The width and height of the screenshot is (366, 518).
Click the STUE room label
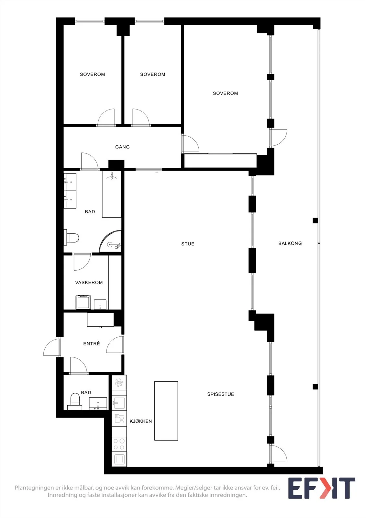point(188,244)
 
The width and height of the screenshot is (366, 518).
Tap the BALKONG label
point(290,243)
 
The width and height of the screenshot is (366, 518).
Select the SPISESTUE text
point(221,394)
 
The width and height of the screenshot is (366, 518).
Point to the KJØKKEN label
point(140,421)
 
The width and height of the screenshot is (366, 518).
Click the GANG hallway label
point(122,147)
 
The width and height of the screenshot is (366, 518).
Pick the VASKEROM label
point(89,282)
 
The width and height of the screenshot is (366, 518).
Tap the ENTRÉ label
point(92,343)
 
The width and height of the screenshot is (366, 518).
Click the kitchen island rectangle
point(166,411)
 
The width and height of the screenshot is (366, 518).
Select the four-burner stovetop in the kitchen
point(119,444)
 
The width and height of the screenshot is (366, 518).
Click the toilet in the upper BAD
point(72,238)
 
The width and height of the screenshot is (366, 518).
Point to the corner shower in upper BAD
point(111,242)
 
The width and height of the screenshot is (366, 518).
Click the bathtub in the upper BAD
point(112,194)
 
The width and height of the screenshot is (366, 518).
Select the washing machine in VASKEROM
point(83,302)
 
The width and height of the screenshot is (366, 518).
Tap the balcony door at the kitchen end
point(278,453)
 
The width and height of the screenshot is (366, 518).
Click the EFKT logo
point(322,488)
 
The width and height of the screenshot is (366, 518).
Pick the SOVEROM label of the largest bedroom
point(226,93)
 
